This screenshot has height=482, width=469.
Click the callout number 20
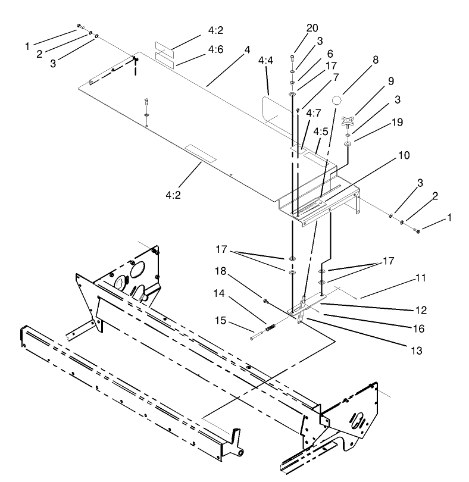(313, 29)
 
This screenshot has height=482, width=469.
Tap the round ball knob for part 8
(337, 100)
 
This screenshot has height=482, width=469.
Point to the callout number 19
(397, 122)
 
